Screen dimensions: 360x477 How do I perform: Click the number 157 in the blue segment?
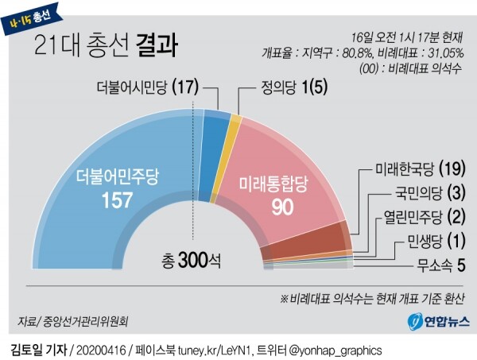[111, 201]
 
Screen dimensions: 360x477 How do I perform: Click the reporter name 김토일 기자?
[39, 350]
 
